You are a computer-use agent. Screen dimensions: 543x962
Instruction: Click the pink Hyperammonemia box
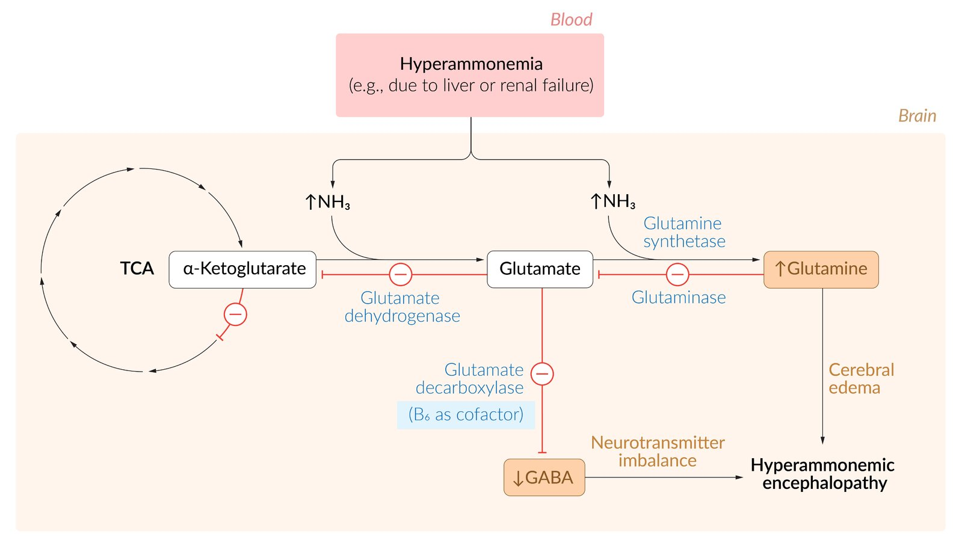point(470,75)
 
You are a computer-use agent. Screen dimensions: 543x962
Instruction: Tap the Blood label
point(571,20)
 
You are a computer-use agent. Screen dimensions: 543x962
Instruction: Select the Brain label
point(917,115)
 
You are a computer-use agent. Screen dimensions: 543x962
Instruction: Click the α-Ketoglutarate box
point(242,269)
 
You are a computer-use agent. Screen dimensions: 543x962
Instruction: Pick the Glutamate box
point(540,269)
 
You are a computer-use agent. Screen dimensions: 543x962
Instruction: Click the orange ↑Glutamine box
point(821,269)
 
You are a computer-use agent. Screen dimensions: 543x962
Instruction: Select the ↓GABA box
point(544,477)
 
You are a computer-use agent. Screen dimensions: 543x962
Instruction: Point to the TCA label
point(137,268)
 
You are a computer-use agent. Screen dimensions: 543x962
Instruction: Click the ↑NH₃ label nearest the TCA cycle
point(327,202)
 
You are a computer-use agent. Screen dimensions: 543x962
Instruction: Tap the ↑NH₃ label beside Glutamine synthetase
point(612,201)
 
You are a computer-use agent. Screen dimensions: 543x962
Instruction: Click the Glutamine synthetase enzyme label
point(684,232)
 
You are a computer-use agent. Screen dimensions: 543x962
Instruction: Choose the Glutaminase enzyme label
point(679,298)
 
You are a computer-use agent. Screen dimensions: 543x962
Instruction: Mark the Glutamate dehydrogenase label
point(402,307)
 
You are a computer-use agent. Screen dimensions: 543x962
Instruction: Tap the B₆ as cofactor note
point(466,415)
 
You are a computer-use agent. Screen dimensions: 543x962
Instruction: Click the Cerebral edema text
point(861,379)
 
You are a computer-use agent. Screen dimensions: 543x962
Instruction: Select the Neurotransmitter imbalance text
point(658,452)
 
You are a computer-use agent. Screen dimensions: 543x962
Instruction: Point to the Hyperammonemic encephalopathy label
point(822,474)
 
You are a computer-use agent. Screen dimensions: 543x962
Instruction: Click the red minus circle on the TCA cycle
point(235,314)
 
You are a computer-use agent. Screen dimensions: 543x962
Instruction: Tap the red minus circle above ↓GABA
point(542,373)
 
